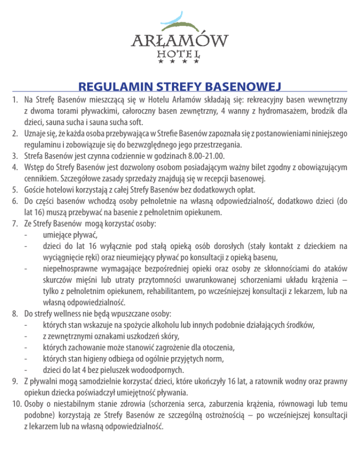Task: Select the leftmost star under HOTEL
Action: click(x=161, y=61)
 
